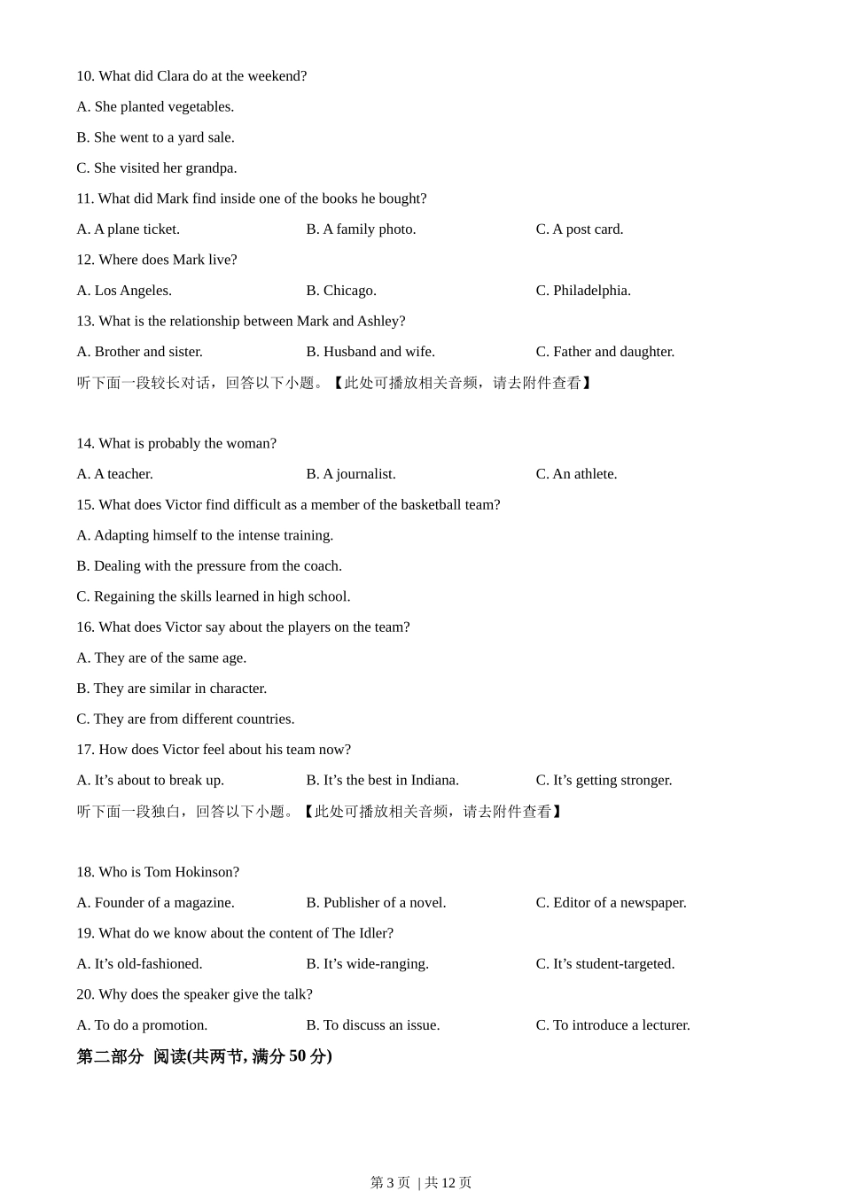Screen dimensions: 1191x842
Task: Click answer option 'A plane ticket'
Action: [129, 230]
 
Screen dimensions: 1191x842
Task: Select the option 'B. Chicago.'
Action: [341, 291]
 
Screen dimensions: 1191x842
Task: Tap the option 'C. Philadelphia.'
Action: [583, 291]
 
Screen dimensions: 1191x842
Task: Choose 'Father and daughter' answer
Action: [605, 352]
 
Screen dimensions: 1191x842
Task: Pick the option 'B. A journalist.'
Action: [351, 474]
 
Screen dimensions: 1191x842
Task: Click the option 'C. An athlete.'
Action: [576, 474]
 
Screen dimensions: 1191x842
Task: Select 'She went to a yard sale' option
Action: [156, 137]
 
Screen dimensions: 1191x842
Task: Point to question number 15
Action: [85, 505]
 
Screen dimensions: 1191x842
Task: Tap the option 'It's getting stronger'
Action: [604, 781]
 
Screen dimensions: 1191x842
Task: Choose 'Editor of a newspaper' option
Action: [611, 903]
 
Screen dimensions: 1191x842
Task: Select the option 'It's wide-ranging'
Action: [368, 964]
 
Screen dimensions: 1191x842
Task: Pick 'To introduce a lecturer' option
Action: [612, 1025]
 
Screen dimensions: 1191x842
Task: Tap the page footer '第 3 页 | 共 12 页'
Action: [421, 1182]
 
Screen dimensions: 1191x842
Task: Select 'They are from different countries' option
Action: [185, 720]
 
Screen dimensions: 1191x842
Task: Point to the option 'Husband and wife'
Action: [370, 352]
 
